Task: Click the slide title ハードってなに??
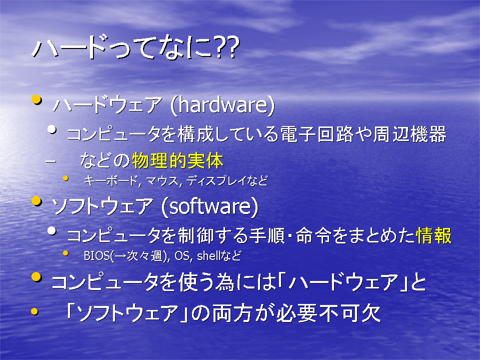135,48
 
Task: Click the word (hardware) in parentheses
222,105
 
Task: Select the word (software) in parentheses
209,206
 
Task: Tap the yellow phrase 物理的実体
177,160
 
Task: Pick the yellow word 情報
434,235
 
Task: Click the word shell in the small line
207,255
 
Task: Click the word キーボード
111,181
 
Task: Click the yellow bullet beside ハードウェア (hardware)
36,100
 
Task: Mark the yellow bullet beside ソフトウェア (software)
36,201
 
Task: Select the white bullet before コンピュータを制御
52,231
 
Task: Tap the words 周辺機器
409,134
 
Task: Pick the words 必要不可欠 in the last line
329,313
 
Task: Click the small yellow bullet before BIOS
65,253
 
